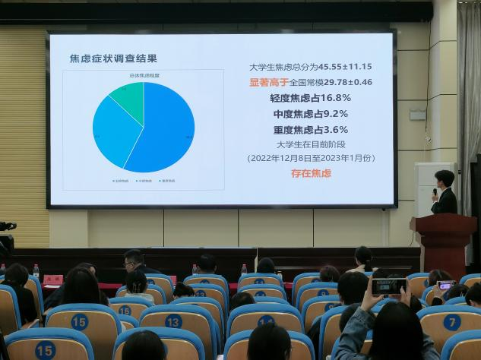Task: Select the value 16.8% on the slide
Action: click(335, 98)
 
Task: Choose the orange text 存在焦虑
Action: click(311, 174)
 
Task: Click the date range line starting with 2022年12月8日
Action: click(311, 159)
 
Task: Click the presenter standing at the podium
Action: click(444, 194)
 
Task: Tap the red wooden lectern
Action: click(444, 243)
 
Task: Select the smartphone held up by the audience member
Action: click(388, 286)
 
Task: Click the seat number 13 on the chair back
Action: click(174, 321)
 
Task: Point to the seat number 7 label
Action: click(452, 322)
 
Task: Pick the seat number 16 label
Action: click(124, 310)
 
